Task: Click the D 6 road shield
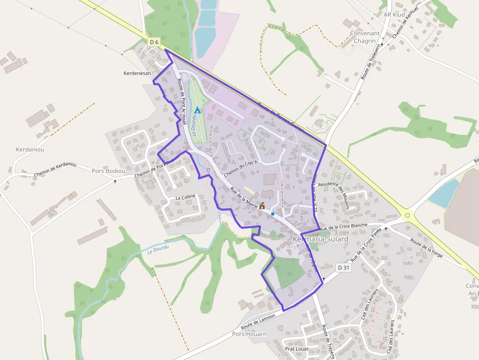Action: pyautogui.click(x=154, y=42)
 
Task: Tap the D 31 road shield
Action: pyautogui.click(x=344, y=268)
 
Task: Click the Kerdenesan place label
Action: pyautogui.click(x=138, y=73)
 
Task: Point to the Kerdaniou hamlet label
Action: pyautogui.click(x=30, y=149)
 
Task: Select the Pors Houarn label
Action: pyautogui.click(x=250, y=334)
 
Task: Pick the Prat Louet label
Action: pyautogui.click(x=297, y=349)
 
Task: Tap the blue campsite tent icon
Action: pyautogui.click(x=197, y=110)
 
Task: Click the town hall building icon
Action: pyautogui.click(x=262, y=206)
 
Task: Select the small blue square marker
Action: pyautogui.click(x=272, y=214)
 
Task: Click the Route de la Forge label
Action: pyautogui.click(x=426, y=248)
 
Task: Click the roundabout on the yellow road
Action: pyautogui.click(x=407, y=214)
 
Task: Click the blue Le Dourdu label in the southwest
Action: pyautogui.click(x=158, y=250)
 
